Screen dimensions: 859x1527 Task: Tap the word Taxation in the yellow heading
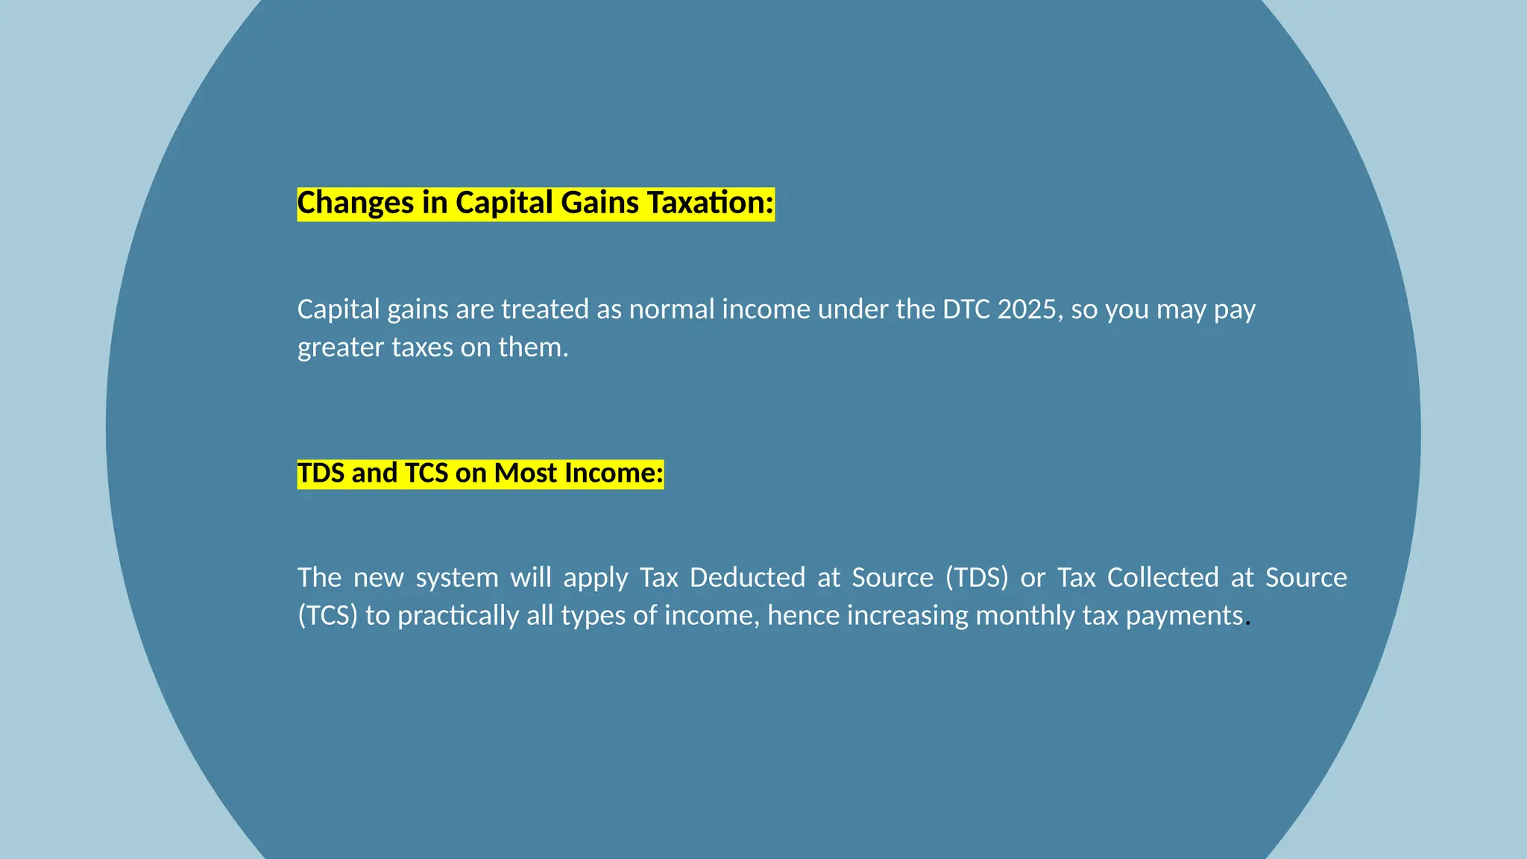(710, 204)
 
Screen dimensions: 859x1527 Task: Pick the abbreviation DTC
(966, 309)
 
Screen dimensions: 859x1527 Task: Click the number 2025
(1027, 309)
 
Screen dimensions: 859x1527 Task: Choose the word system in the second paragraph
(457, 579)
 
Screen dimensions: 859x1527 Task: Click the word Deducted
(747, 578)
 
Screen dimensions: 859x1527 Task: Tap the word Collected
(1163, 578)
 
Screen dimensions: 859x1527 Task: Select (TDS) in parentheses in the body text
(977, 578)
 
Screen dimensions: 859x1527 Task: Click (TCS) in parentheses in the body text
(328, 616)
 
